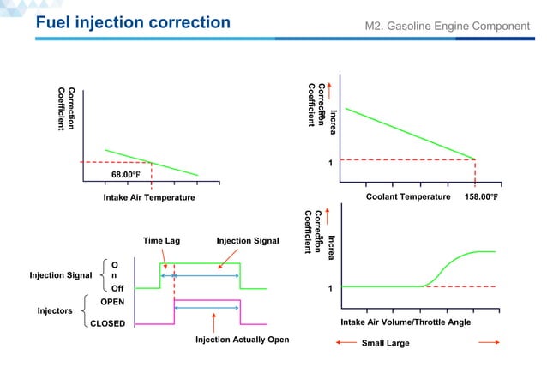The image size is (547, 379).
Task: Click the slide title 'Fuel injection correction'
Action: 133,22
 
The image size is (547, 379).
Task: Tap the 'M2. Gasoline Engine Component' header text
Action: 447,26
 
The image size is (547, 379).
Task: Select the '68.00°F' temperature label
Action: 125,175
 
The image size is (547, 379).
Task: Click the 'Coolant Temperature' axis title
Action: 408,197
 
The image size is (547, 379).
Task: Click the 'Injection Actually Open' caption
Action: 243,340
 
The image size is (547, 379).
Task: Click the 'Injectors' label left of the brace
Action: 55,310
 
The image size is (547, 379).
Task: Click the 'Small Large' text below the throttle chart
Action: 386,343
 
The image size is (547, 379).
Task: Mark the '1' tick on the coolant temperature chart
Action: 331,163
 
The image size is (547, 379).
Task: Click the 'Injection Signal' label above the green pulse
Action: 248,241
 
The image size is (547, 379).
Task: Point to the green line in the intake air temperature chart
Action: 154,163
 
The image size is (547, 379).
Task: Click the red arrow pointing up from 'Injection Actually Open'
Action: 213,323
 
